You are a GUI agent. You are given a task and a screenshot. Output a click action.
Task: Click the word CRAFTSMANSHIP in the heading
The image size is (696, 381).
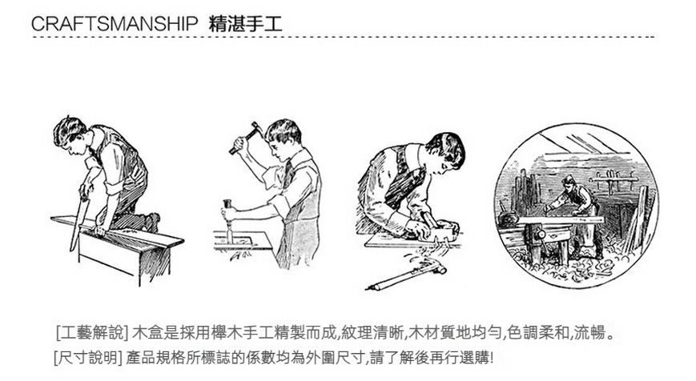114,24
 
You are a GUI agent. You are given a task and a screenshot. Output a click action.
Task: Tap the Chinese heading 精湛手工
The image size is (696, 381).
245,24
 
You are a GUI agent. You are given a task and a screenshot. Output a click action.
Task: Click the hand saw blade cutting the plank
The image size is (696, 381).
78,223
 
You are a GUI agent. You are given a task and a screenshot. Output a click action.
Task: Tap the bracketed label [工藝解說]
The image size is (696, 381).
92,333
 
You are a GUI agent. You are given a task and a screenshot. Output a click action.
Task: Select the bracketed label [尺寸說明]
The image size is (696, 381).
88,357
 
